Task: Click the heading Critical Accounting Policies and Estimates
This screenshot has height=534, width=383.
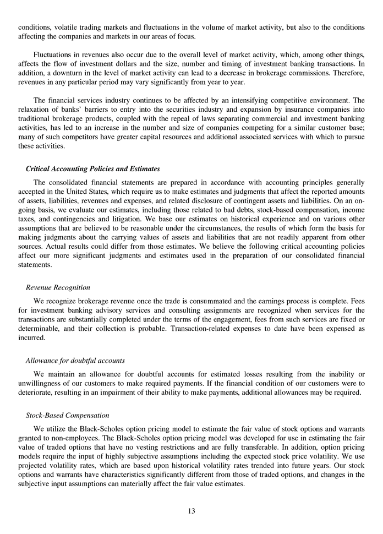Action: (x=93, y=168)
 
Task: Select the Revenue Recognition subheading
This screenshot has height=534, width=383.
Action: (x=58, y=287)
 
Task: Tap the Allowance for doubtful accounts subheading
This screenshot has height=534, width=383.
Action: (x=75, y=361)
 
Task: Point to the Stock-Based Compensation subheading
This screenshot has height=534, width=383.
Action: (x=67, y=415)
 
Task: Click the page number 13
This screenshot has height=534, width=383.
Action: (x=191, y=511)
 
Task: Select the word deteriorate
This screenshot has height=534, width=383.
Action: (x=36, y=393)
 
